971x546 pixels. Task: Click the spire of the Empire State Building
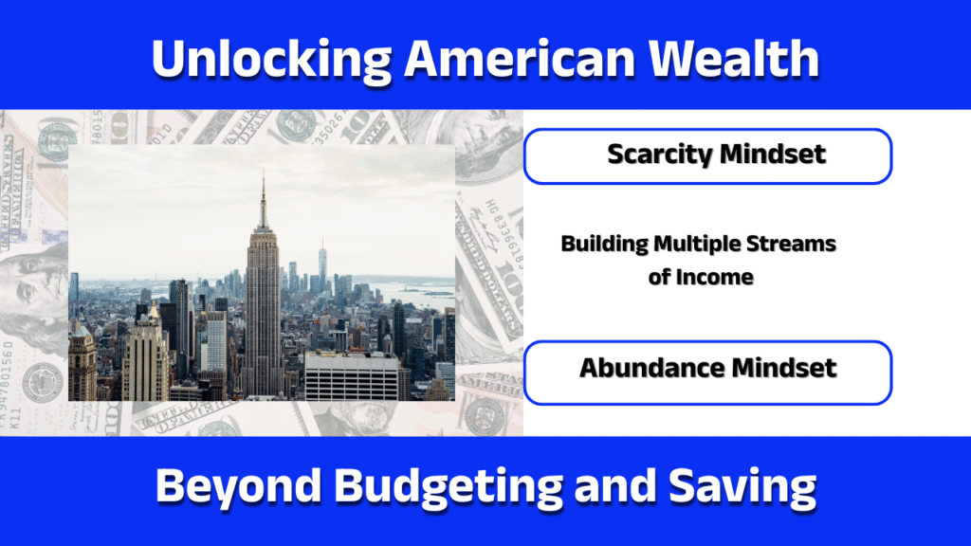263,194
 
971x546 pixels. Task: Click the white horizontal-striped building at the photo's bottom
351,377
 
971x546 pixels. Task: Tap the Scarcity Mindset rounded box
706,155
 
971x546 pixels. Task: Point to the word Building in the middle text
603,244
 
